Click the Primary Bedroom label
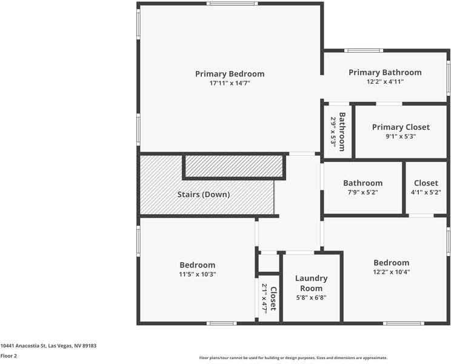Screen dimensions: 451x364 point(230,74)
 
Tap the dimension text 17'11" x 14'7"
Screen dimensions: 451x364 point(230,83)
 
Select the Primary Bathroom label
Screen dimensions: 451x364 point(385,73)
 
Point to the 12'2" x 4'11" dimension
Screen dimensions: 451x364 point(385,81)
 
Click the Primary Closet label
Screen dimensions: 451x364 point(401,127)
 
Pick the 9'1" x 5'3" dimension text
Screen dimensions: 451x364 point(401,136)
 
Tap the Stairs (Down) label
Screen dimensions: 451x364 point(204,195)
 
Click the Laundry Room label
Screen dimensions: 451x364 point(311,283)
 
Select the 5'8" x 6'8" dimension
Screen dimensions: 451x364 point(311,297)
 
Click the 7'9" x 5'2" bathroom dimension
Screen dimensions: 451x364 point(362,192)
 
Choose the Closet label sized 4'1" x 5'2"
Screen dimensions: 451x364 point(426,183)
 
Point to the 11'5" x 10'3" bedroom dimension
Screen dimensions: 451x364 point(198,274)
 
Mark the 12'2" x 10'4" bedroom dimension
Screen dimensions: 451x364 point(392,272)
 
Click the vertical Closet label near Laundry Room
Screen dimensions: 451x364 point(273,298)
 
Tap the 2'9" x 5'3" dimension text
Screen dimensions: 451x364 point(333,132)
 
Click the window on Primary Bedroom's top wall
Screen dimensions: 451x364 point(232,4)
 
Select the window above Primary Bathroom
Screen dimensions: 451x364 point(364,50)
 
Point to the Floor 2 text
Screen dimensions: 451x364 point(8,356)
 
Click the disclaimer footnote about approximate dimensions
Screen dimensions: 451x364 point(293,358)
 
